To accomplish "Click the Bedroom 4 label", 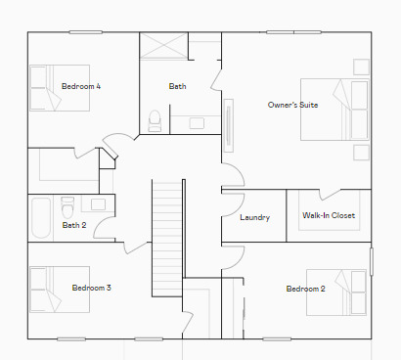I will [x=81, y=86].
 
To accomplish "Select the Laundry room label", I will [x=254, y=217].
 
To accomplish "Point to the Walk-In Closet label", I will [x=329, y=215].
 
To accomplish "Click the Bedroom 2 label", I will [x=305, y=289].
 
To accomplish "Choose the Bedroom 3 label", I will [x=91, y=288].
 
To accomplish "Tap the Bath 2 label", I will [x=74, y=225].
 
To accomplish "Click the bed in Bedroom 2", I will [x=338, y=291].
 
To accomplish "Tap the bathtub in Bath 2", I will [x=41, y=217].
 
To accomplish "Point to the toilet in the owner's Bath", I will [x=155, y=120].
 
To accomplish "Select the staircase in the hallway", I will [x=168, y=235].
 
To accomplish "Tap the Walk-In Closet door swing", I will [x=328, y=195].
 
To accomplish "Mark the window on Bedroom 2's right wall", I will [x=371, y=261].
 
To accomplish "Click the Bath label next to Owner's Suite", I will [x=177, y=86].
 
